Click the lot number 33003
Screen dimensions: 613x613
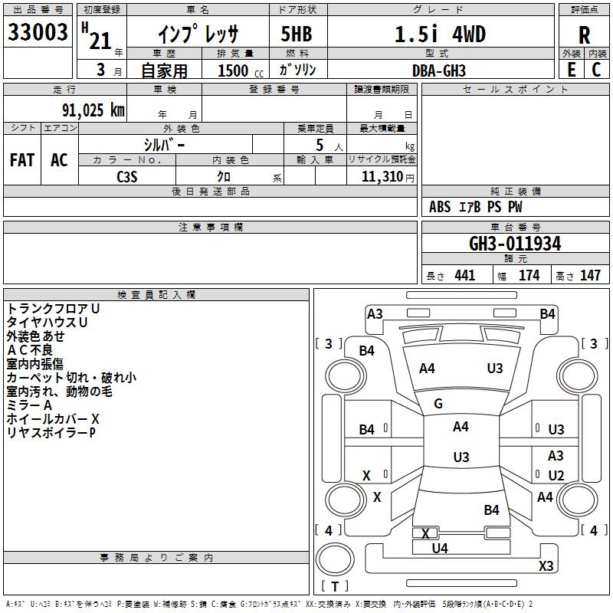coord(38,32)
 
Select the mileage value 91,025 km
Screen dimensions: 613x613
coord(93,110)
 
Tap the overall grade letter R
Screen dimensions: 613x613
coord(584,34)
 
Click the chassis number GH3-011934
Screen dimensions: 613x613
coord(515,244)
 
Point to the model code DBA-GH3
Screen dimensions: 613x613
coord(439,70)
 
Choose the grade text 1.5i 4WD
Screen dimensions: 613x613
coord(440,34)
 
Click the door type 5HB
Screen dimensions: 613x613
coord(297,34)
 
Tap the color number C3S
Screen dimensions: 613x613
coord(127,177)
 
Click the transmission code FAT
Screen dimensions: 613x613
coord(22,160)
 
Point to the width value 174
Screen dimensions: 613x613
coord(529,275)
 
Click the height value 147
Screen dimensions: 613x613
coord(590,275)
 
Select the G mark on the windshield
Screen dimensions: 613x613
coord(438,404)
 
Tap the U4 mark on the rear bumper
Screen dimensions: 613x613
coord(440,549)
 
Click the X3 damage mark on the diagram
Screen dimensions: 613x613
coord(546,565)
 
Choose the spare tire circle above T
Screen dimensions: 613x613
coord(335,559)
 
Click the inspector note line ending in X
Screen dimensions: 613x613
coord(53,419)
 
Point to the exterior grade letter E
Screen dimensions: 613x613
coord(572,70)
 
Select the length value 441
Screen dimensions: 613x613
coord(465,275)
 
